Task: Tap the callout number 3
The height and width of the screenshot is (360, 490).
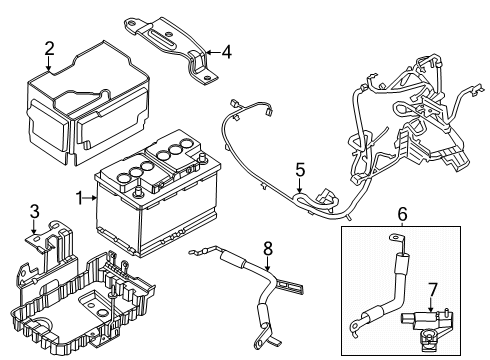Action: click(35, 211)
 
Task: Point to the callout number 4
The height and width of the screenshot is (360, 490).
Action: click(226, 52)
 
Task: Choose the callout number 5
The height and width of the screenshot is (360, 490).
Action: click(299, 171)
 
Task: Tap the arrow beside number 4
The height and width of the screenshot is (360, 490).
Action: click(213, 53)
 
